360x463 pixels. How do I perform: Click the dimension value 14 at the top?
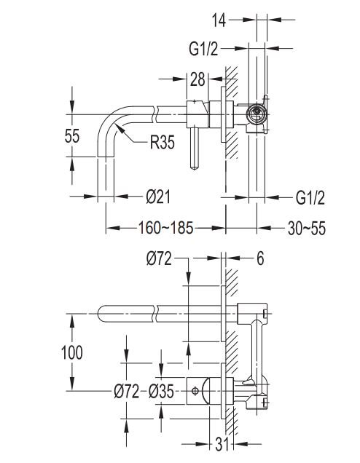coord(219,20)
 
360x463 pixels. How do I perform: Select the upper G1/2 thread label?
coord(203,49)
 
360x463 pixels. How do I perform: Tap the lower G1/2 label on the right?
coord(310,197)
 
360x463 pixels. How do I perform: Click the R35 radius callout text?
coord(163,142)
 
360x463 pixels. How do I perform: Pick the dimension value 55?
coord(72,136)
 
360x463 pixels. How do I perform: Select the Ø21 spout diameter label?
coord(158,197)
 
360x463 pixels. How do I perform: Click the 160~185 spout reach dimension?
coord(166,228)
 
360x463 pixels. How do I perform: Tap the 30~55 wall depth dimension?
coord(307,229)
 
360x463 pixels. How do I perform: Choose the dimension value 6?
coord(260,258)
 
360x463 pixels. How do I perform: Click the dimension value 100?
coord(72,352)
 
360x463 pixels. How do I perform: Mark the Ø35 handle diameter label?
coord(161,392)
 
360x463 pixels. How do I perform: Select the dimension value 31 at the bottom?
coord(222,444)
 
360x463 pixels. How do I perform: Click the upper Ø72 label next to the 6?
coord(159,258)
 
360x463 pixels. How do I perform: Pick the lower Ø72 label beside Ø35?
coord(127,392)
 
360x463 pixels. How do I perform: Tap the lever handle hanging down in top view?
coord(194,149)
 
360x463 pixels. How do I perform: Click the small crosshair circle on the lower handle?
coord(195,391)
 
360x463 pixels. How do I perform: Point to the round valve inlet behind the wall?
coord(257,114)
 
